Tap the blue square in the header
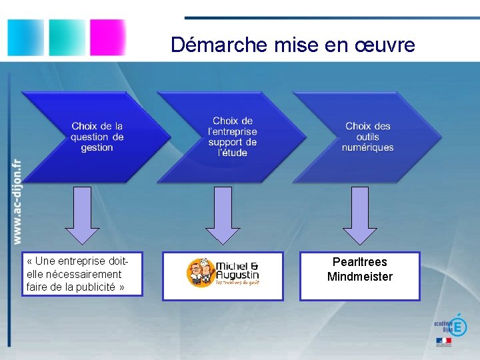(25, 37)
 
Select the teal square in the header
(67, 37)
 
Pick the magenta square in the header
(107, 37)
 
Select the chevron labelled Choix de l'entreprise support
(230, 137)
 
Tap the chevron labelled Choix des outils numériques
(367, 137)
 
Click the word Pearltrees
(359, 262)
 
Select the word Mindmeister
(359, 277)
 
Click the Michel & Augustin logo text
(237, 269)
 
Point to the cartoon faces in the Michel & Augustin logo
(200, 272)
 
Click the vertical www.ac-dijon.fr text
(16, 200)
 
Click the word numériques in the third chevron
(367, 147)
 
